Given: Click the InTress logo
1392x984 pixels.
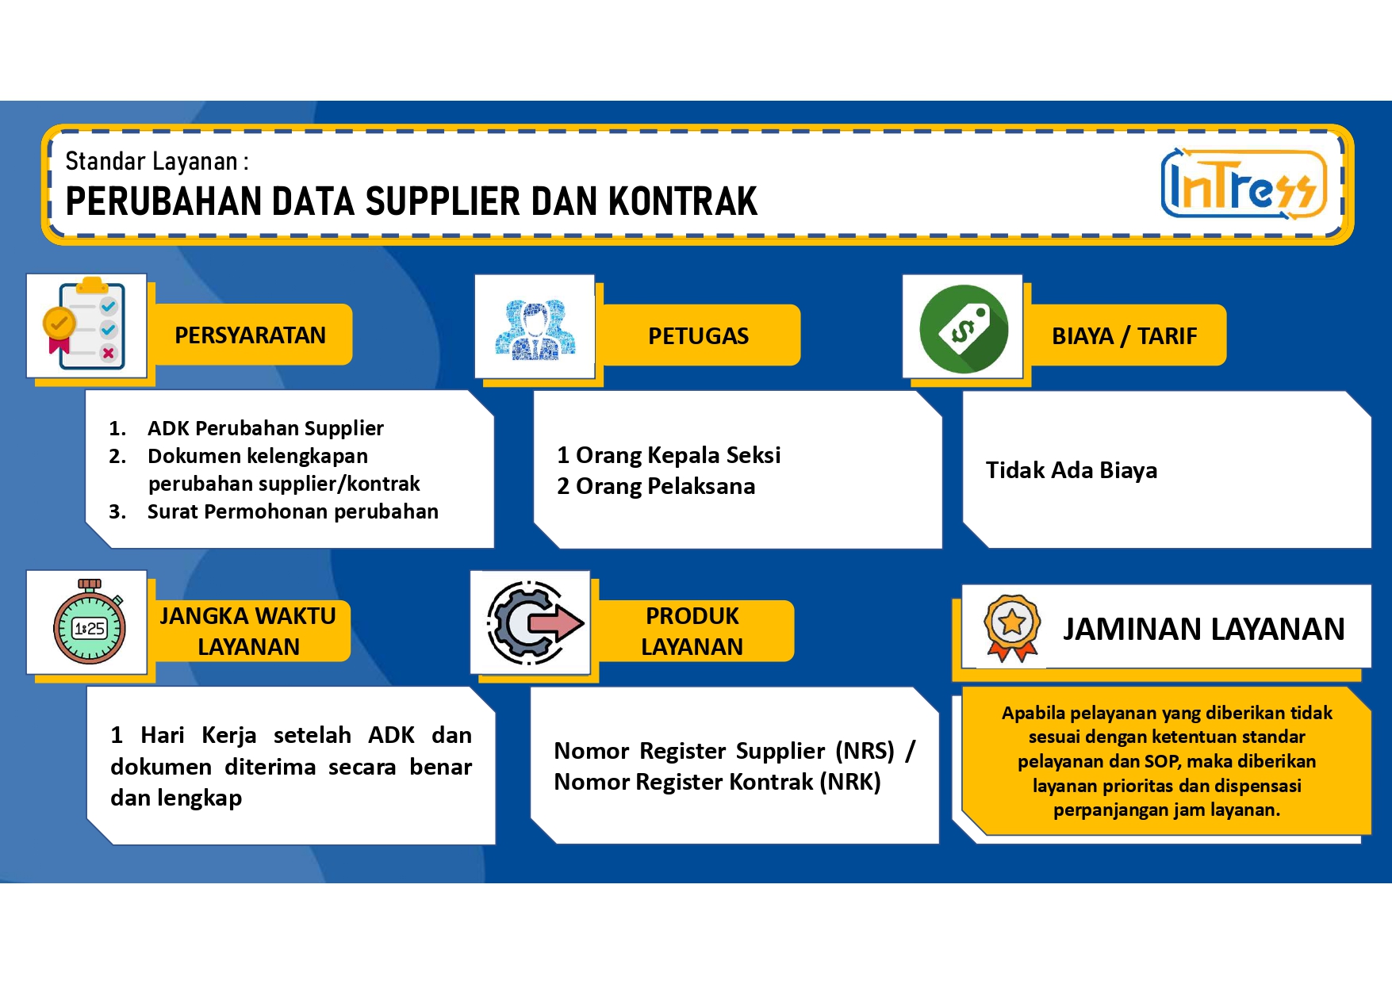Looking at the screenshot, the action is (x=1243, y=184).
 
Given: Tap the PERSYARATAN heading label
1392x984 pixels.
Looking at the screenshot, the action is (x=250, y=335).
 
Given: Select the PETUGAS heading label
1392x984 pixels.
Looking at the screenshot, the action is (x=698, y=336).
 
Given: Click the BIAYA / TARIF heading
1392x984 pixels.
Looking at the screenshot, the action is (x=1124, y=336).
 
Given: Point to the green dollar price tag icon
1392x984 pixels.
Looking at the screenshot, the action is (x=964, y=329).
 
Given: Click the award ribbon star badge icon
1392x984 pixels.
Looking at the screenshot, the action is (x=1011, y=627).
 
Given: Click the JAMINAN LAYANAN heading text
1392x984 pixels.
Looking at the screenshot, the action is (x=1203, y=629).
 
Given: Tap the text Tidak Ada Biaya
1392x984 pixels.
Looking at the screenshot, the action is (x=1072, y=470).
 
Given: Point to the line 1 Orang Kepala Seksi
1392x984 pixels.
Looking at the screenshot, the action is (x=669, y=455).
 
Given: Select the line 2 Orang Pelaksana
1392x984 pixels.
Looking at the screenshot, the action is (x=656, y=486).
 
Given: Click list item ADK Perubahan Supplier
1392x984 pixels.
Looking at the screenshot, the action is (x=266, y=428).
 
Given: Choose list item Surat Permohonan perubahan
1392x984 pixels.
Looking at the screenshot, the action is (x=293, y=511).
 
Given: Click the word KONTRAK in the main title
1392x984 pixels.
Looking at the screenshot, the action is (x=683, y=201).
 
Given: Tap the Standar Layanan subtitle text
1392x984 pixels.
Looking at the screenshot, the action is (x=157, y=162).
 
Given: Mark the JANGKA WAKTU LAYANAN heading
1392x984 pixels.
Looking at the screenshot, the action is (x=248, y=631).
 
